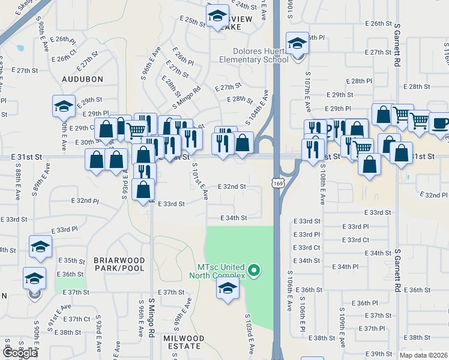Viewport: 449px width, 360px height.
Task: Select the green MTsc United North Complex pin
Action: click(254, 271)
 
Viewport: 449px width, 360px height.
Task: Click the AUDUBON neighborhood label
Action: click(82, 79)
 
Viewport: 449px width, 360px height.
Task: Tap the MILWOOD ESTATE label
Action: click(182, 342)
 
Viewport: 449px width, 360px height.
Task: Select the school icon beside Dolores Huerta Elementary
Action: click(297, 44)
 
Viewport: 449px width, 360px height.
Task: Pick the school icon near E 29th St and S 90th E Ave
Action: click(64, 106)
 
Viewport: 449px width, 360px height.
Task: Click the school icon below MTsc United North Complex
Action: click(228, 289)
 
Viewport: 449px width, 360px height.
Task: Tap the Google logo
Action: click(20, 353)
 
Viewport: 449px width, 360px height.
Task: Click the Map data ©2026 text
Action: click(424, 355)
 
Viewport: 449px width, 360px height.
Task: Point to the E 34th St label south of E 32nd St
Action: click(234, 218)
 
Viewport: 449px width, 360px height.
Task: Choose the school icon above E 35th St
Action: click(41, 247)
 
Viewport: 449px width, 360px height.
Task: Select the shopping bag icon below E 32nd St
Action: click(144, 190)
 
